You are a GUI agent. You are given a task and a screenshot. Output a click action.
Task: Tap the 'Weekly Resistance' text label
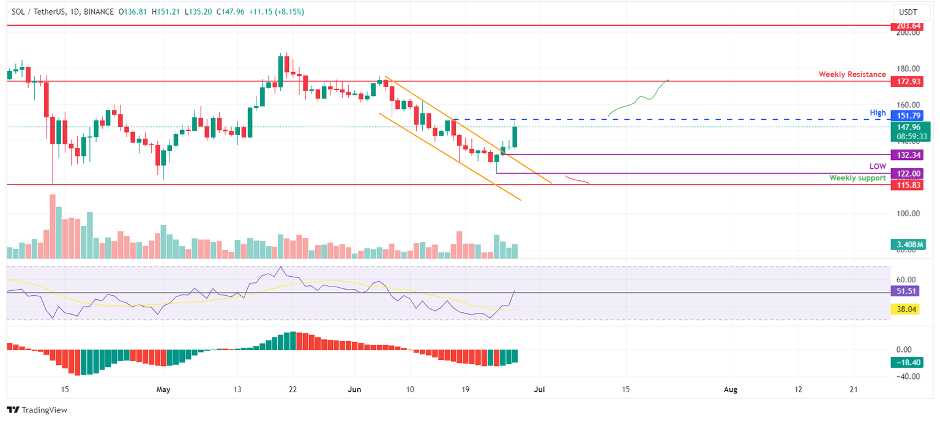tap(852, 75)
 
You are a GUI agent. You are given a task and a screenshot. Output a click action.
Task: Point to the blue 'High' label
tap(878, 113)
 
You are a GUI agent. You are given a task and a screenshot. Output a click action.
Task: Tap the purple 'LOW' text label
tap(878, 166)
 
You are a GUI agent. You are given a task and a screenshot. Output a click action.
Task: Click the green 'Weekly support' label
tap(857, 178)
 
